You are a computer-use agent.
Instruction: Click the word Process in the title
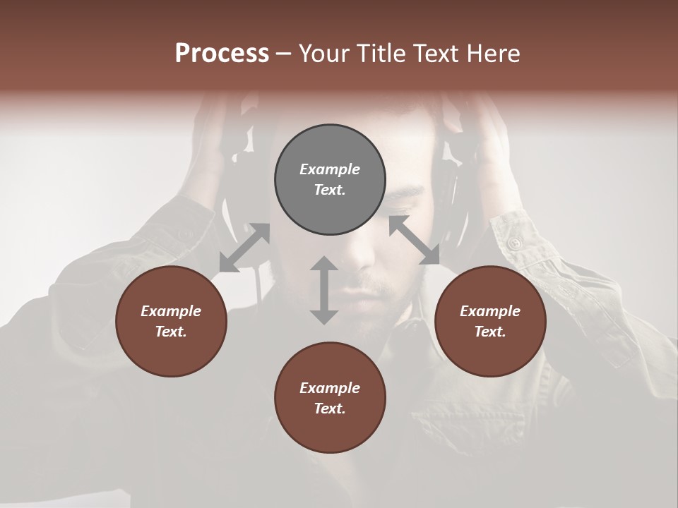222,54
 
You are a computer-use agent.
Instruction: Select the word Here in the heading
494,54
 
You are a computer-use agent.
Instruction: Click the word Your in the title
322,54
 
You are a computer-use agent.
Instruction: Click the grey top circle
330,180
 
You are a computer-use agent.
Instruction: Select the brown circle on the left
171,321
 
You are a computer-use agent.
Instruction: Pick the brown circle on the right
490,321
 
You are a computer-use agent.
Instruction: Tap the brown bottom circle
330,398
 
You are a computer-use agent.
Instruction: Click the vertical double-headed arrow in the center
324,290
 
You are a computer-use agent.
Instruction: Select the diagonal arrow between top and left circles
244,248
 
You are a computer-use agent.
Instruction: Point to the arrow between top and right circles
415,240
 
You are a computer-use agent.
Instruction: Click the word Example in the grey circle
330,169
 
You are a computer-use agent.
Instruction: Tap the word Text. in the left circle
171,332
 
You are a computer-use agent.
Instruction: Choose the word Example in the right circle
490,311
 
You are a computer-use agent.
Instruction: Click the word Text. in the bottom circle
330,409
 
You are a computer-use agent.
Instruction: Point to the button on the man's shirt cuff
514,243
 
